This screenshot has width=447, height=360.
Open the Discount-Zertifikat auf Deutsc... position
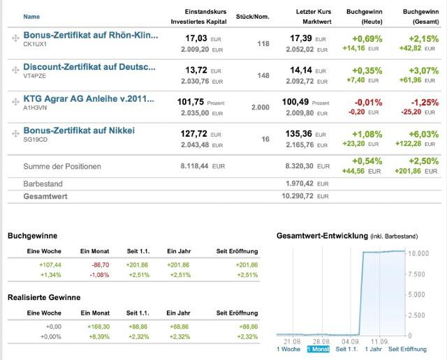click(x=89, y=67)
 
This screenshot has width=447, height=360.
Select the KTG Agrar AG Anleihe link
click(x=89, y=99)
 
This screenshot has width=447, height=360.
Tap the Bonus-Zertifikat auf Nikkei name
click(x=78, y=130)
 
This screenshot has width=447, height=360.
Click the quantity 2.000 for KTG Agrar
click(x=260, y=107)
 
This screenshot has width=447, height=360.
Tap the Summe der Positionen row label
click(x=62, y=166)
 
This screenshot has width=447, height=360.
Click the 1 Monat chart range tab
click(x=317, y=349)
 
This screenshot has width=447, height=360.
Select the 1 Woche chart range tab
click(x=289, y=349)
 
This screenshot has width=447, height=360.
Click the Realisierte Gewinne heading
click(x=44, y=297)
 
